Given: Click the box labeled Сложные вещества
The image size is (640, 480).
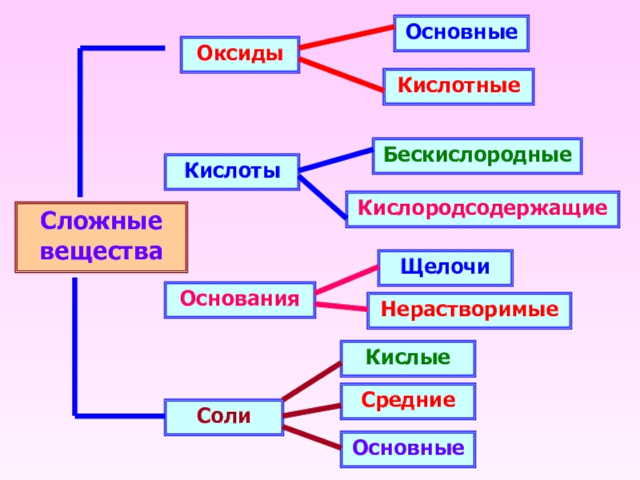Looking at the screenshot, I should click(x=102, y=237).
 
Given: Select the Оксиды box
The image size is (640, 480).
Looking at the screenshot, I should click(x=240, y=54).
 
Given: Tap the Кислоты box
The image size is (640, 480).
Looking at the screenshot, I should click(x=232, y=171).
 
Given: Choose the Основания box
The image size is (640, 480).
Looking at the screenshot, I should click(x=239, y=299).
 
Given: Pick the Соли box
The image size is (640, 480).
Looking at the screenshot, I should click(x=224, y=417).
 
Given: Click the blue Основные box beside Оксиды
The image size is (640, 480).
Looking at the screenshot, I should click(x=461, y=34).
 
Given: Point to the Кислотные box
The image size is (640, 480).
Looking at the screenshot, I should click(x=458, y=86).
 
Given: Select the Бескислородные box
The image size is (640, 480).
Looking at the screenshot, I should click(x=477, y=156).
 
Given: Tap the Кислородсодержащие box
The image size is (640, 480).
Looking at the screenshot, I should click(x=482, y=209).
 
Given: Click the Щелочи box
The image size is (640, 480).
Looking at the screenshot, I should click(x=445, y=268).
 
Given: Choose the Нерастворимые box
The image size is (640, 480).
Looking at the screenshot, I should click(x=469, y=310).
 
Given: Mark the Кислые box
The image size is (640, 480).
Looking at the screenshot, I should click(x=408, y=358).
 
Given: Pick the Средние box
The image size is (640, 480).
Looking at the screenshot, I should click(x=408, y=400).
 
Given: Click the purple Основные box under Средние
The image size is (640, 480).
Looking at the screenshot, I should click(x=408, y=449).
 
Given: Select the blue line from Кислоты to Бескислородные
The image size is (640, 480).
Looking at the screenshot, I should click(x=336, y=159).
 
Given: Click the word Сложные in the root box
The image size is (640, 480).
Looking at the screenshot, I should click(x=102, y=222).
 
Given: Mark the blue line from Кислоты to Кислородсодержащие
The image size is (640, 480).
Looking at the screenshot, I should click(x=324, y=196).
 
